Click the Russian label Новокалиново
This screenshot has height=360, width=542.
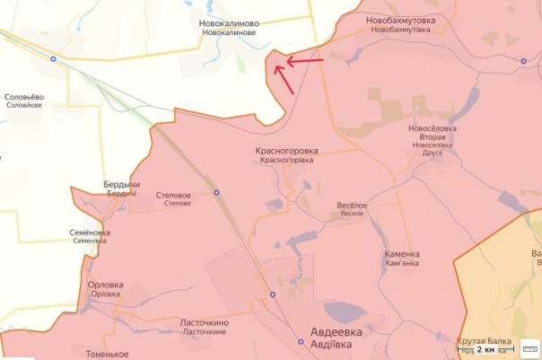[229, 21]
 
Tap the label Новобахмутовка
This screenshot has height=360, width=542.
[401, 20]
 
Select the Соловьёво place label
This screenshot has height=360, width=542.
[24, 96]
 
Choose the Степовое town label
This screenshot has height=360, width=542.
[173, 194]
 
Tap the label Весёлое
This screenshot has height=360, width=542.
[352, 205]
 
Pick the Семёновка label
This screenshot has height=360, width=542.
[90, 233]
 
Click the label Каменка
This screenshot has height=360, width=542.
[401, 254]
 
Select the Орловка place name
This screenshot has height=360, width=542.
[105, 285]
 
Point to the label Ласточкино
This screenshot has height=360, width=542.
[205, 321]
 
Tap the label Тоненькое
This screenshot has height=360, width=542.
[107, 353]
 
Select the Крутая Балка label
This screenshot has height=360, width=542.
[484, 342]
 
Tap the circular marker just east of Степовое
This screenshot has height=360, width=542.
[216, 192]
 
